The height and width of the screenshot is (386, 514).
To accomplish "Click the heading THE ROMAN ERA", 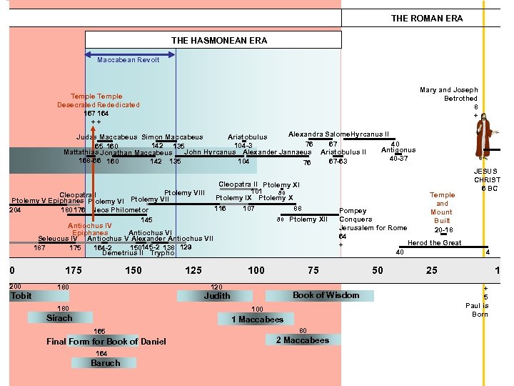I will (x=426, y=19).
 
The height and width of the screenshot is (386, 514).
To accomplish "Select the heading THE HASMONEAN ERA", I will (x=219, y=41).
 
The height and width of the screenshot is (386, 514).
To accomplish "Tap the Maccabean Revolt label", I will (x=128, y=60).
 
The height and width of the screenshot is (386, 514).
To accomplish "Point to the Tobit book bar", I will (x=21, y=295).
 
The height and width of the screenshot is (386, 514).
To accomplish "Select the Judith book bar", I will (x=217, y=295).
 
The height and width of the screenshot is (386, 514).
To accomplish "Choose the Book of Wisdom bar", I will (x=326, y=295).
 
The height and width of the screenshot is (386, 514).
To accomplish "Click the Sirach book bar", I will (x=60, y=318).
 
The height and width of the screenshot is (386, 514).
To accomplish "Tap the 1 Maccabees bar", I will (x=257, y=320).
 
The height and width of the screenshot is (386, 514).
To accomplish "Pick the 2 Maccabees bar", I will (x=303, y=340).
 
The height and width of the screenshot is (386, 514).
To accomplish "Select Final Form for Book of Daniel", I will (x=106, y=341).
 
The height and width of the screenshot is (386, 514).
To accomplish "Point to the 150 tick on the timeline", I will (x=133, y=270).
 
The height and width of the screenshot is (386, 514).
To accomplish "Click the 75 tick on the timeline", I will (x=313, y=270).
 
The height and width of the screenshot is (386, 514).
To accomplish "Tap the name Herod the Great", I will (x=434, y=243).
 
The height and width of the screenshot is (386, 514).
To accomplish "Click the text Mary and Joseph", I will (x=448, y=90).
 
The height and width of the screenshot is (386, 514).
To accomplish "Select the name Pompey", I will (x=353, y=211).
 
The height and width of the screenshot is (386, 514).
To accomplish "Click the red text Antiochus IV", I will (x=89, y=226).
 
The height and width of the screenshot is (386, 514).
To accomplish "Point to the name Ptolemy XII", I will (x=313, y=219).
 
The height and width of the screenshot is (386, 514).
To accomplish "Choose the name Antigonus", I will (x=398, y=150).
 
